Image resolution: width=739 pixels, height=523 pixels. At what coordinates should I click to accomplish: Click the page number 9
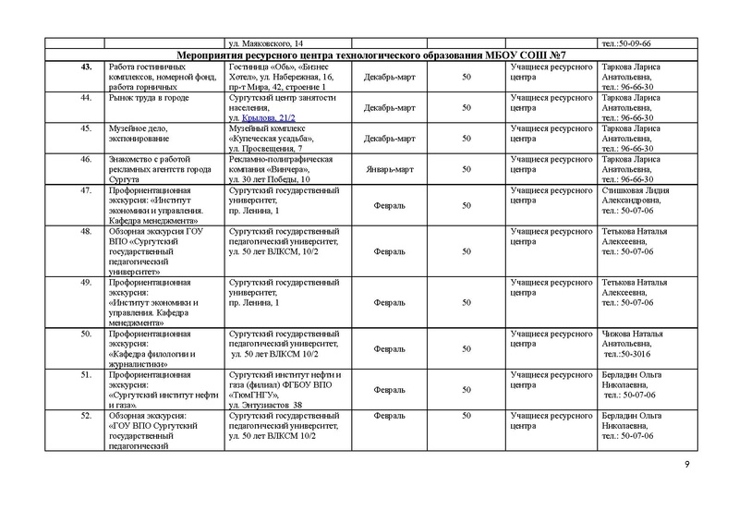(686, 463)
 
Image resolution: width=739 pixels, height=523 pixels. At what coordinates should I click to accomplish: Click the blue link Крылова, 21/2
(269, 119)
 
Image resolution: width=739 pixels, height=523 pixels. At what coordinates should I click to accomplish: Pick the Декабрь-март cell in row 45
(384, 139)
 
